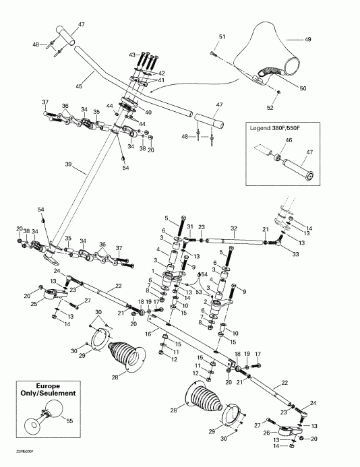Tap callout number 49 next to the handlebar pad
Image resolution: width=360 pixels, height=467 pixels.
click(x=307, y=40)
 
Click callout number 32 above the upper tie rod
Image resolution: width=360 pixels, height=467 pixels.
click(x=235, y=228)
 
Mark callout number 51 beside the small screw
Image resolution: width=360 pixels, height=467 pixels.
click(x=222, y=36)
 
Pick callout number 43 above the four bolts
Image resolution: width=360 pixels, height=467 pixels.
click(x=132, y=53)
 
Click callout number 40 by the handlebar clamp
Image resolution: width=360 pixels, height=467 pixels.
click(x=148, y=112)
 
